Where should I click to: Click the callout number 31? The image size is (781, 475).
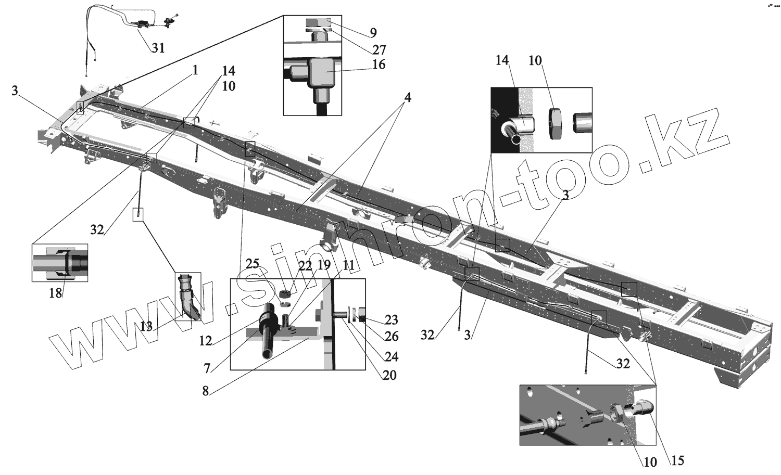[x=158, y=48]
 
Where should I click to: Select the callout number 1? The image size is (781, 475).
[x=195, y=70]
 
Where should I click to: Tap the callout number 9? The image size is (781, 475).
[x=373, y=33]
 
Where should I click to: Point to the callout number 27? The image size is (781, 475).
[x=379, y=49]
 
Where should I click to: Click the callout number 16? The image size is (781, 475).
[x=379, y=65]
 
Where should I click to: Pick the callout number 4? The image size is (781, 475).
[x=408, y=97]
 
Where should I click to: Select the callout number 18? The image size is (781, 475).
[x=55, y=293]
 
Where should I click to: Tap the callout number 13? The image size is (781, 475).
[x=146, y=326]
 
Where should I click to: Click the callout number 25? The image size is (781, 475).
[x=253, y=264]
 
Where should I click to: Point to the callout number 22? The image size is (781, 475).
[x=305, y=266]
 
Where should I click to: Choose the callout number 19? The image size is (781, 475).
[x=324, y=265]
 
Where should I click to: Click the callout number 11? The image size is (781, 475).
[x=348, y=265]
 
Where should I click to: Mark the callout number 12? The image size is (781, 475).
[x=206, y=341]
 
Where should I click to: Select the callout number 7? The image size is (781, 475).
[x=207, y=368]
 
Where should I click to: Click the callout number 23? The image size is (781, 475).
[x=391, y=319]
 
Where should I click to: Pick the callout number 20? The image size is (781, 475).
[x=389, y=375]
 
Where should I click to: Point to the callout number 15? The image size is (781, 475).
[x=677, y=460]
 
